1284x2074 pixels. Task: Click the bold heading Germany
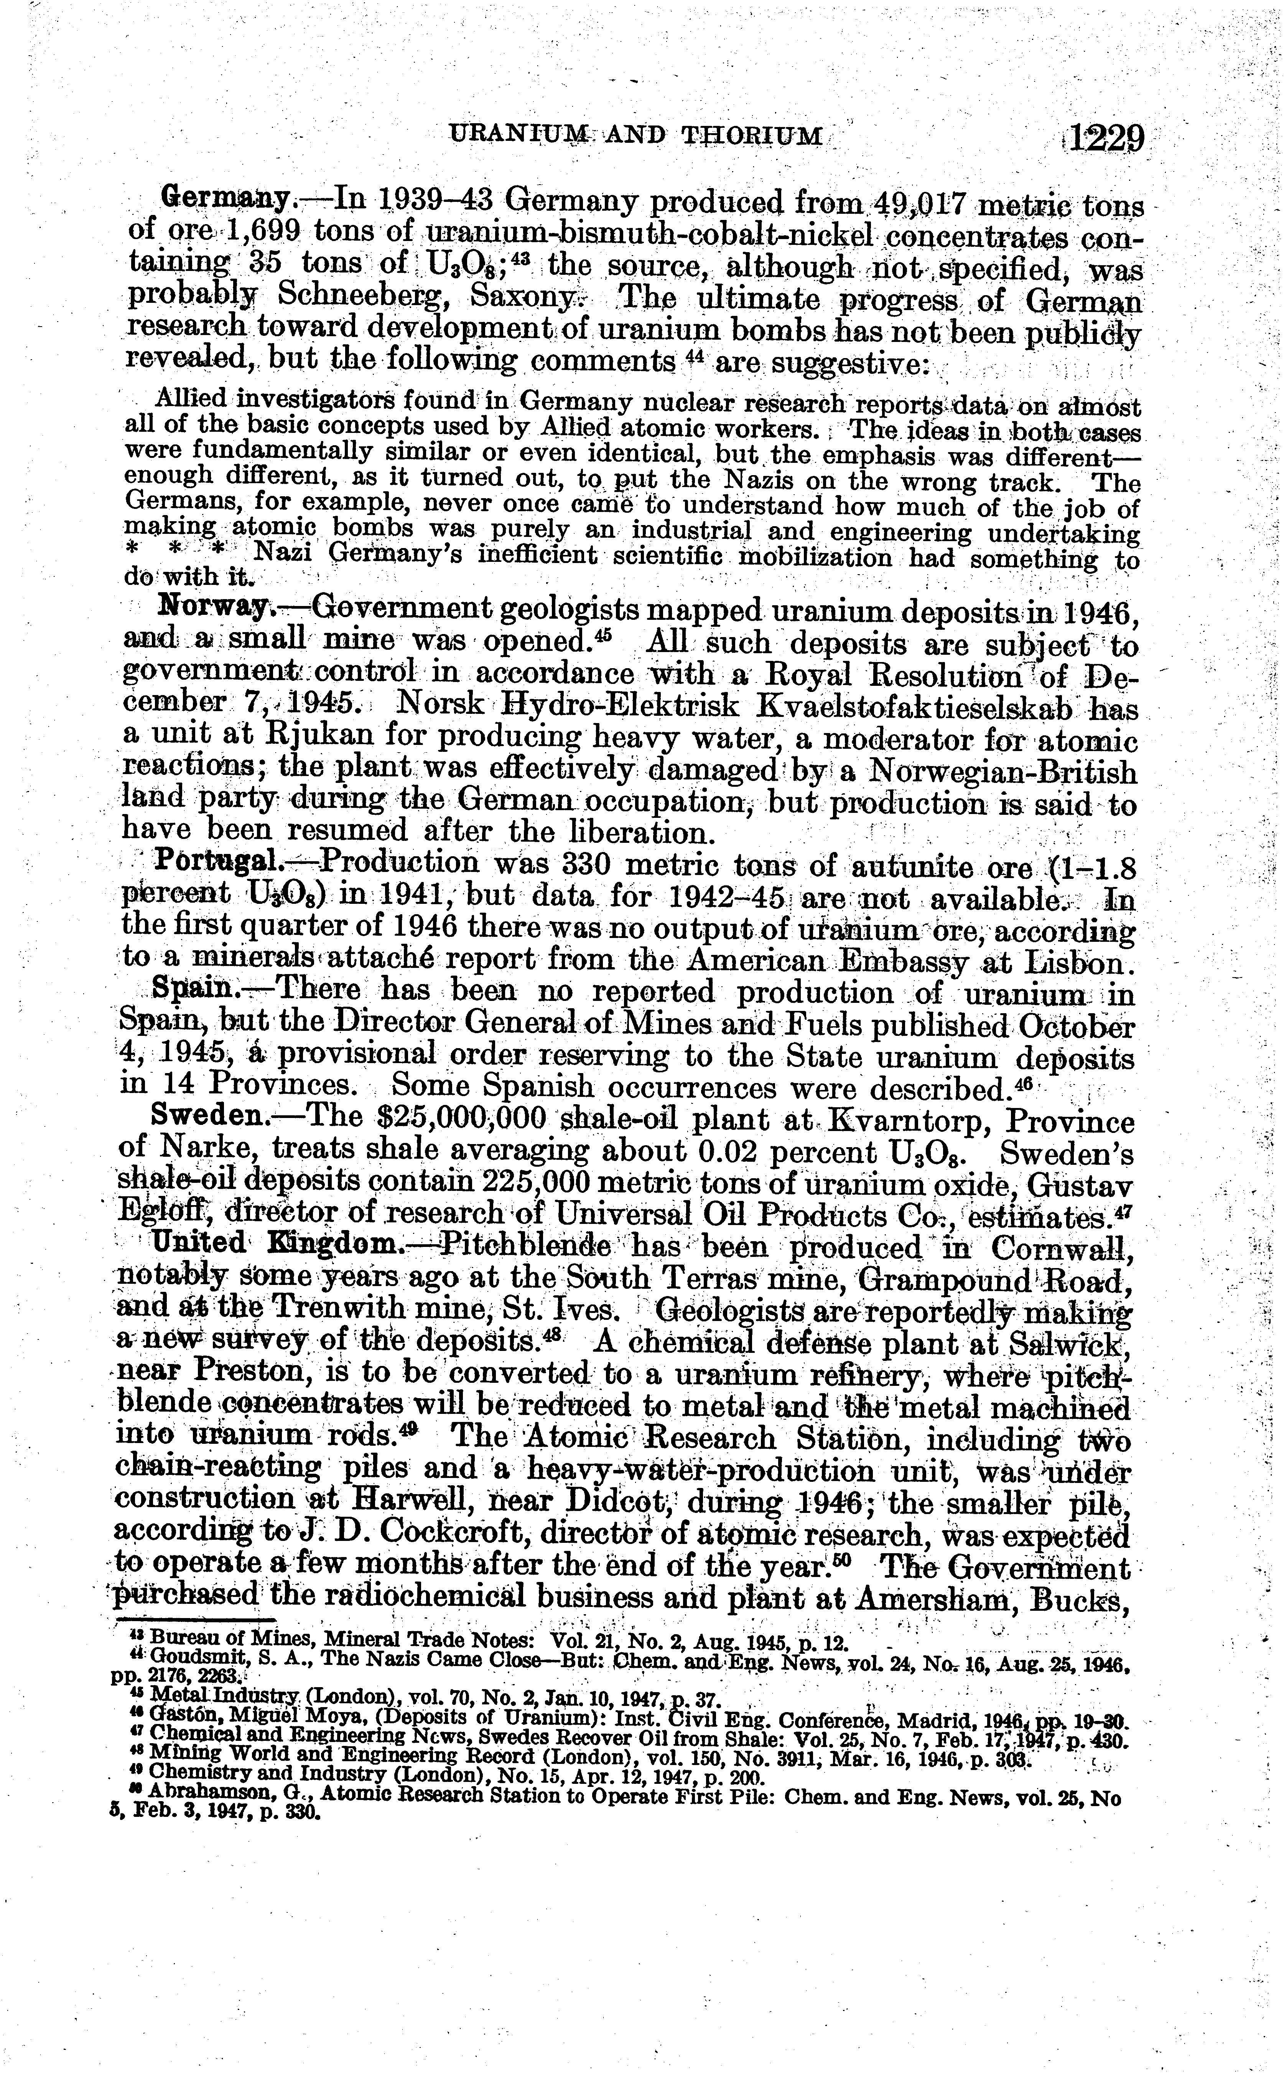coord(225,200)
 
